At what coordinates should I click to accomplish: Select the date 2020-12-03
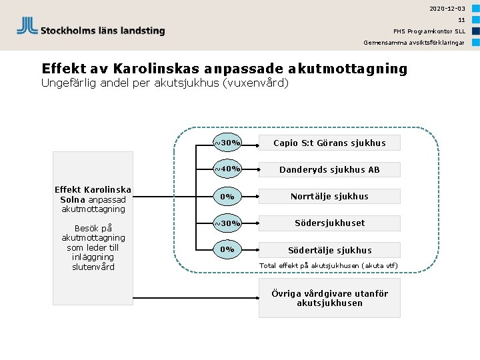click(447, 9)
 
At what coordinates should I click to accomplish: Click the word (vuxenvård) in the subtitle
click(257, 83)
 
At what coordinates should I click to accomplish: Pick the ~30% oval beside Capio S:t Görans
click(227, 143)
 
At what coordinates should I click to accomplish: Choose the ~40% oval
click(227, 169)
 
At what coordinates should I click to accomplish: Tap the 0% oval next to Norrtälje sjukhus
click(227, 197)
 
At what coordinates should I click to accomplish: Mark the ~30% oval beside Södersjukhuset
click(227, 223)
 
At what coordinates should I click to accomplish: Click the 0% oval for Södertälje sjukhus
click(227, 249)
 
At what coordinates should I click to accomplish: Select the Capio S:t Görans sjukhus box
click(329, 143)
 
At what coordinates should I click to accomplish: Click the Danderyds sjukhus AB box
click(329, 169)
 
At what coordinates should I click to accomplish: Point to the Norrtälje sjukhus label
click(329, 196)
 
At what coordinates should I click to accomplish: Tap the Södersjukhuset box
click(329, 223)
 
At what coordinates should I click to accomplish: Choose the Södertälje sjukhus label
click(329, 250)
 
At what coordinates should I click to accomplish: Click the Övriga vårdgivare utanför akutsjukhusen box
click(329, 298)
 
